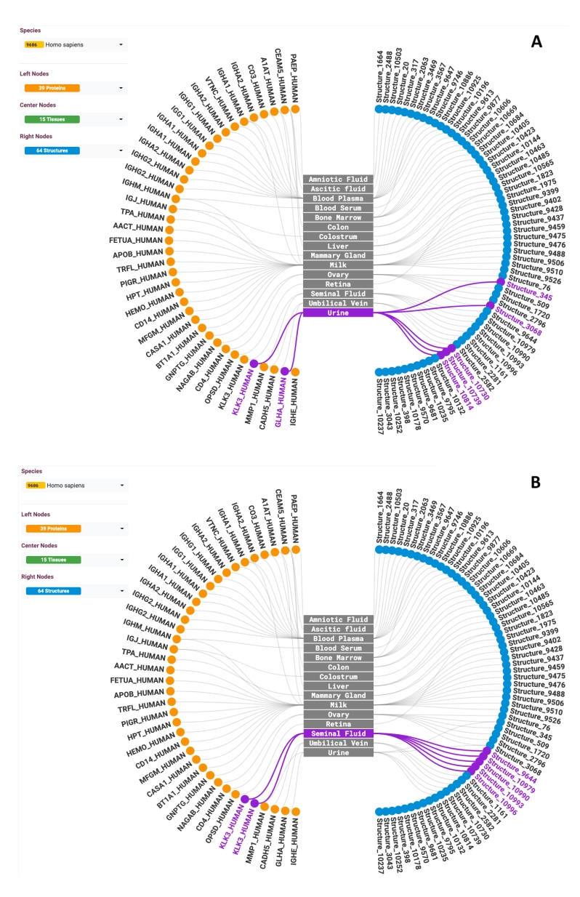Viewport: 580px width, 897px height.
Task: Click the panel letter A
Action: point(536,41)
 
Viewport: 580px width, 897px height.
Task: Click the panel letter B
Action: point(536,482)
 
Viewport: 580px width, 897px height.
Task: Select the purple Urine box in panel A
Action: point(338,313)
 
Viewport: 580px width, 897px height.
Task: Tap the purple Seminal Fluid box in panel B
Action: point(338,734)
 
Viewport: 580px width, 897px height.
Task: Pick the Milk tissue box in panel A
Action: point(338,265)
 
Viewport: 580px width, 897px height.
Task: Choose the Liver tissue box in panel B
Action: point(338,686)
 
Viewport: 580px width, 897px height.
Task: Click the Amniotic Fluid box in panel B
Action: point(338,620)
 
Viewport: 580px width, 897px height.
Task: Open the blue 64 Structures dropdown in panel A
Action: point(73,150)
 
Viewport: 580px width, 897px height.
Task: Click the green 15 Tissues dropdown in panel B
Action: point(73,560)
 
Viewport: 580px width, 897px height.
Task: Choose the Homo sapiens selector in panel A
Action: point(73,44)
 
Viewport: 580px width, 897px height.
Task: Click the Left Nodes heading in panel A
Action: point(36,74)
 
